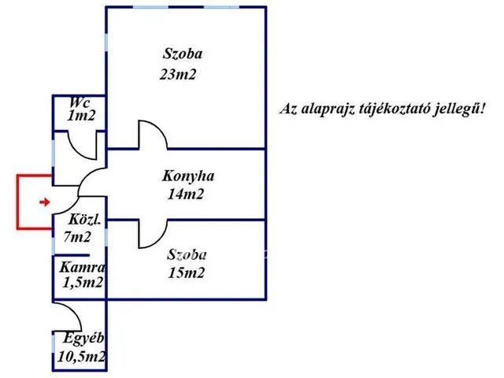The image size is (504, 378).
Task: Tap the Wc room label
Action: point(79,103)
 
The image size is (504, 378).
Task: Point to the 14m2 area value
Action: point(186,195)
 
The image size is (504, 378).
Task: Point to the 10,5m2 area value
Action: point(82,357)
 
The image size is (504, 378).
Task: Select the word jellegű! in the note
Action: point(465,109)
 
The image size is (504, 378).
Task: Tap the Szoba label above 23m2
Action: point(183,55)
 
